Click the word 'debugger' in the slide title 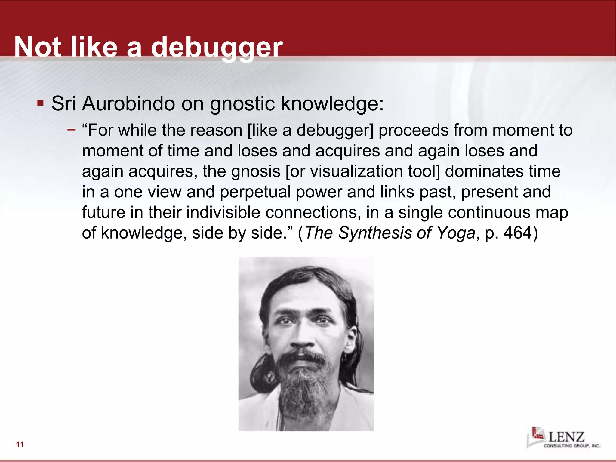click(217, 48)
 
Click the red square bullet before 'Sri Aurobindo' click(40, 103)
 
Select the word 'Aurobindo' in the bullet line click(128, 103)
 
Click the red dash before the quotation click(72, 130)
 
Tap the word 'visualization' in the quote click(356, 171)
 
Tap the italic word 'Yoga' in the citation click(455, 233)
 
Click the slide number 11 click(20, 445)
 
